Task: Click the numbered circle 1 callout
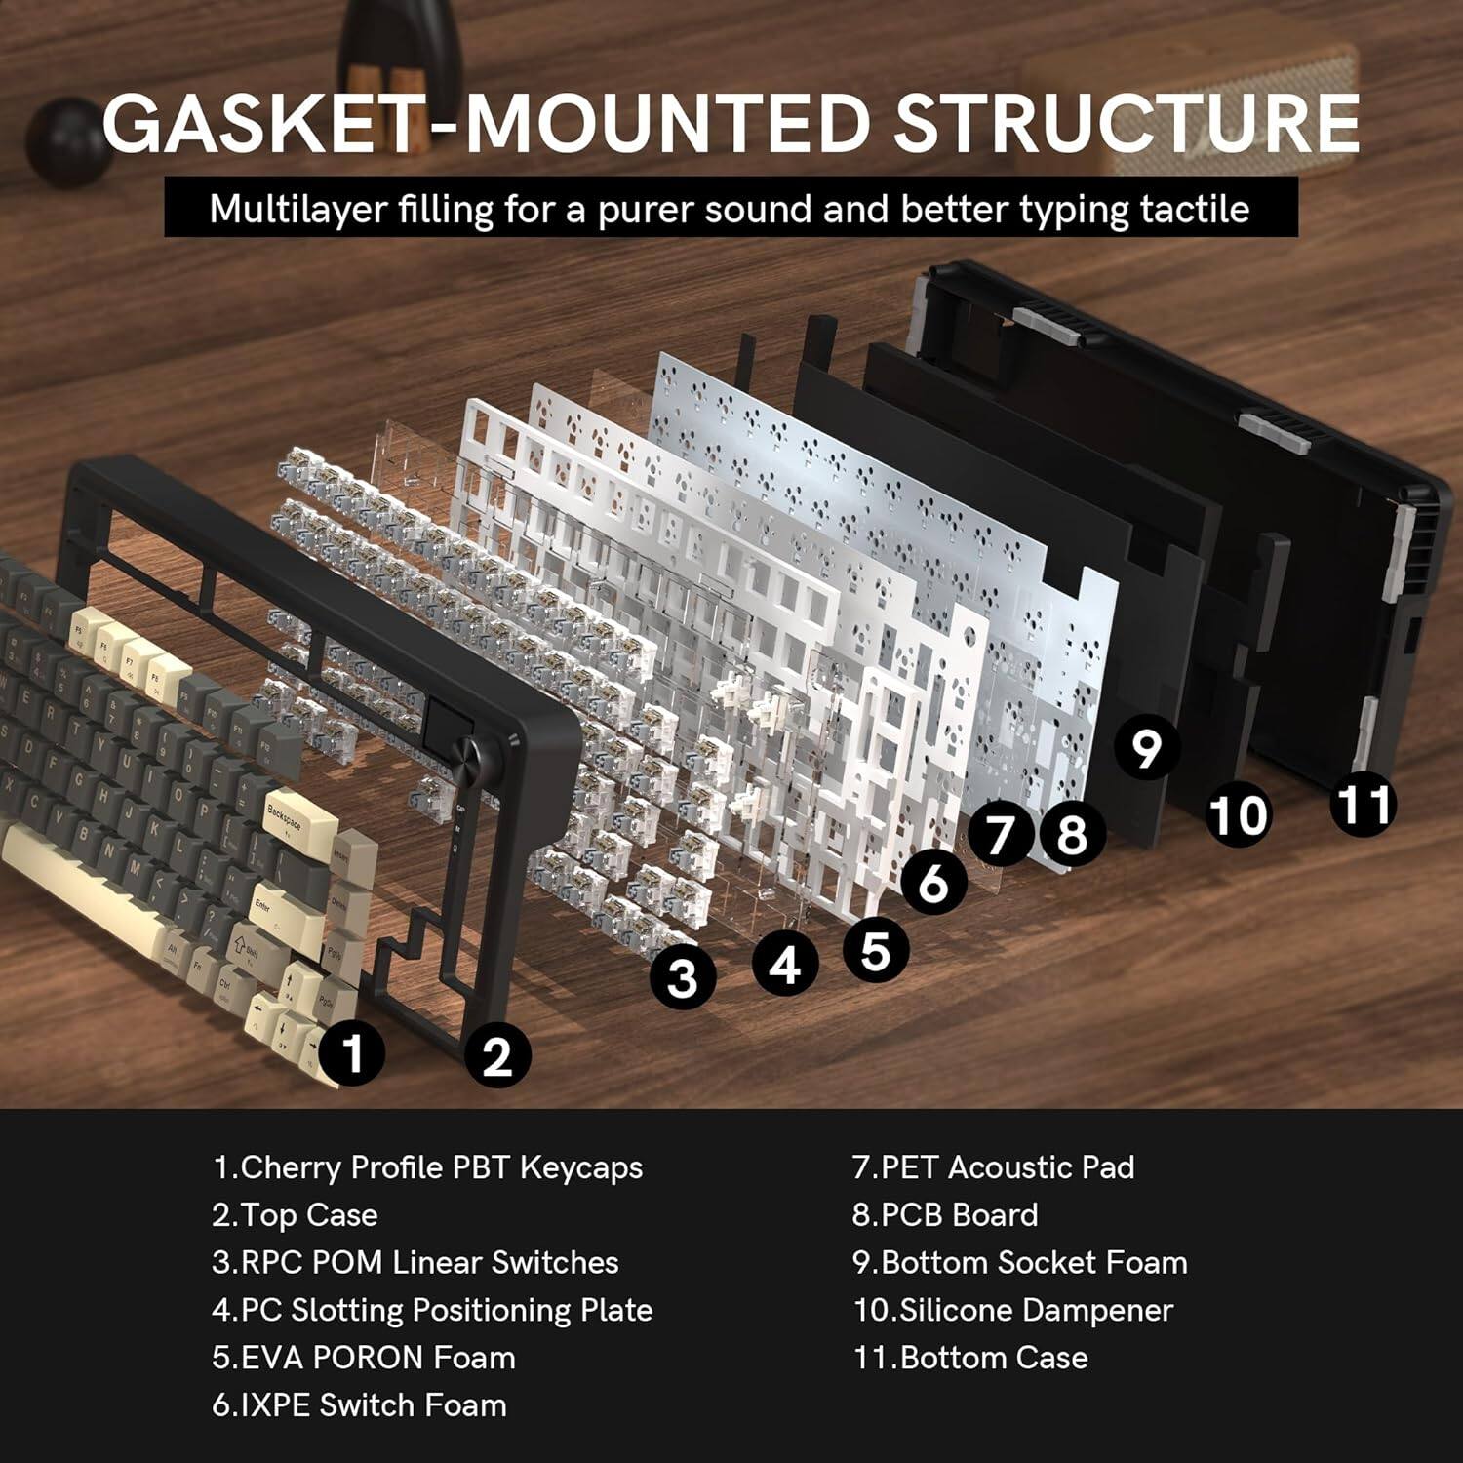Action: tap(353, 1052)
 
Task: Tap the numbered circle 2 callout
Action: tap(497, 1055)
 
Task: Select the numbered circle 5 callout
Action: tap(875, 950)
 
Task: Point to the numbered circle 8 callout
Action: tap(1071, 835)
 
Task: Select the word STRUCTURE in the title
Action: tap(1127, 124)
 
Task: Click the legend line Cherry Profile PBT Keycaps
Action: tap(427, 1167)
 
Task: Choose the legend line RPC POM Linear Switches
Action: tap(415, 1262)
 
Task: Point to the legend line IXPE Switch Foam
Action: tap(359, 1405)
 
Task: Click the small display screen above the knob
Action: tap(448, 718)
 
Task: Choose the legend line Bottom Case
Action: tap(970, 1358)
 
